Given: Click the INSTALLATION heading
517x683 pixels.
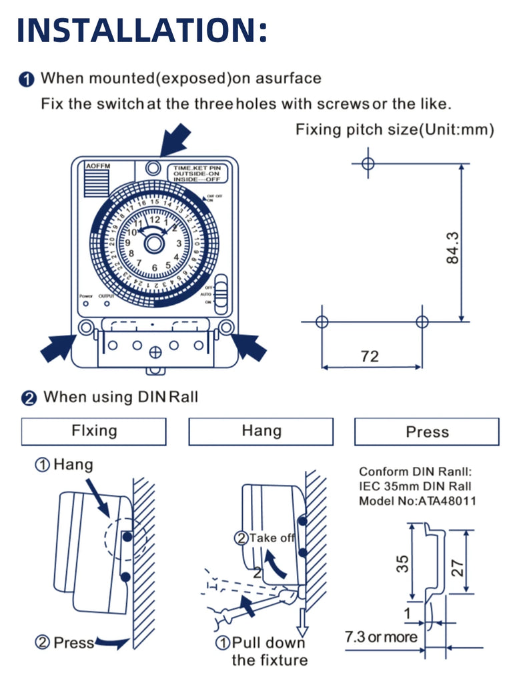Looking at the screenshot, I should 141,29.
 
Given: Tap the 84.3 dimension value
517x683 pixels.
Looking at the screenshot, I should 453,247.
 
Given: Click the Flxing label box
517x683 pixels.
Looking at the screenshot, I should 93,432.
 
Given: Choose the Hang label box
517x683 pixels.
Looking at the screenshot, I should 261,432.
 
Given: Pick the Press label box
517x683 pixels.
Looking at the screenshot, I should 427,432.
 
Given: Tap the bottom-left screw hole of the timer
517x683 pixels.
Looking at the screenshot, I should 85,327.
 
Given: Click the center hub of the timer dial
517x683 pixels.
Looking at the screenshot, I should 154,243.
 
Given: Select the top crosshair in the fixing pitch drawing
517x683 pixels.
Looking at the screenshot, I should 368,163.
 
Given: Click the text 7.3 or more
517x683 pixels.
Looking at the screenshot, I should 380,637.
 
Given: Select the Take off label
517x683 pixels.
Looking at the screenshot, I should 272,538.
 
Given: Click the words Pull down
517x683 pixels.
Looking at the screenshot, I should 268,643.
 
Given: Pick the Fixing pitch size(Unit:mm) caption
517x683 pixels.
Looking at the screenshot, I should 395,129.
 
